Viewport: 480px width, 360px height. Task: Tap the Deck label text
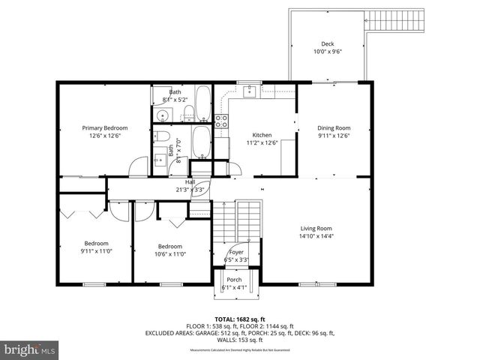[x=327, y=43]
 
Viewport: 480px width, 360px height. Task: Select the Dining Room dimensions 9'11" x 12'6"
[x=334, y=136]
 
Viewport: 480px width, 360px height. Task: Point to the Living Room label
[x=316, y=229]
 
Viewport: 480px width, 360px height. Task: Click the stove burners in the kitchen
[x=221, y=120]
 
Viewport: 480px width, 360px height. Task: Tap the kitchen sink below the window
[x=250, y=93]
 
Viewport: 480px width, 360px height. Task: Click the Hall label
[x=190, y=181]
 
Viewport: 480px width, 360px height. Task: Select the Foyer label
[x=235, y=252]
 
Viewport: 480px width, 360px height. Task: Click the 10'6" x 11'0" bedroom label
[x=169, y=246]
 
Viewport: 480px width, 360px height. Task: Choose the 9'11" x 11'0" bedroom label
[x=96, y=243]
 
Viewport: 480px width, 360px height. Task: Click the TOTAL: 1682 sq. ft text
[x=240, y=319]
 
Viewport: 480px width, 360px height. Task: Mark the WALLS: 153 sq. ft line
[x=240, y=339]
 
